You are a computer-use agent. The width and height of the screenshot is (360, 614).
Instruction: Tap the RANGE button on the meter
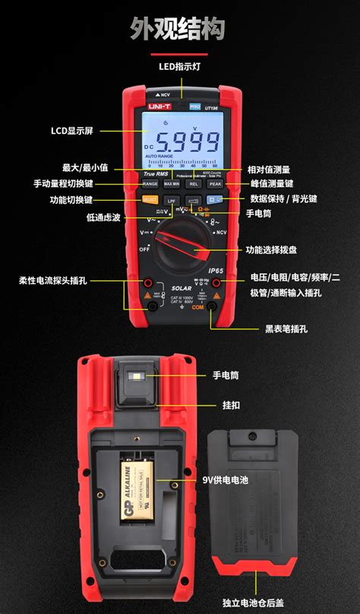coord(150,184)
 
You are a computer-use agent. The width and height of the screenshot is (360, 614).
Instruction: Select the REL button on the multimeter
coord(194,184)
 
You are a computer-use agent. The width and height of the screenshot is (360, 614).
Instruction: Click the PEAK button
coord(215,184)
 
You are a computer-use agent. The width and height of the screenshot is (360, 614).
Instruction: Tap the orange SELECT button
coord(149,200)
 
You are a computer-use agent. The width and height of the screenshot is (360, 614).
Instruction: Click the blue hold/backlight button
coord(215,200)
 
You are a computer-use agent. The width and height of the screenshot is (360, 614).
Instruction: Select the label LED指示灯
coord(179,67)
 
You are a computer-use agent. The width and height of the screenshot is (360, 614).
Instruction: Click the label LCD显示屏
coord(72,131)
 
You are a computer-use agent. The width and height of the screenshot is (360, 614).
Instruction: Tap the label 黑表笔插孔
coord(286,329)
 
